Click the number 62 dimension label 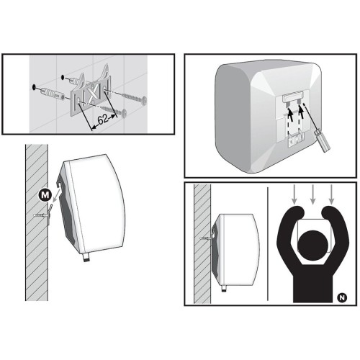pos(103,120)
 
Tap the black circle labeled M pos(45,195)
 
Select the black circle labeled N pos(342,298)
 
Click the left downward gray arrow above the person pos(294,194)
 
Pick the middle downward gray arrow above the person pos(312,194)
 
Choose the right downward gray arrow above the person pos(331,194)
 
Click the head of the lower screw pos(124,112)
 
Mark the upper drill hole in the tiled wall pos(63,77)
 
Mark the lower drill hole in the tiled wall pos(34,87)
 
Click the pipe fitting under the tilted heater pos(86,258)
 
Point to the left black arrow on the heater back pos(290,113)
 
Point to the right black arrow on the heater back pos(302,113)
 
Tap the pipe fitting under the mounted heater pos(224,289)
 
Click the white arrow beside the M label pos(55,193)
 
